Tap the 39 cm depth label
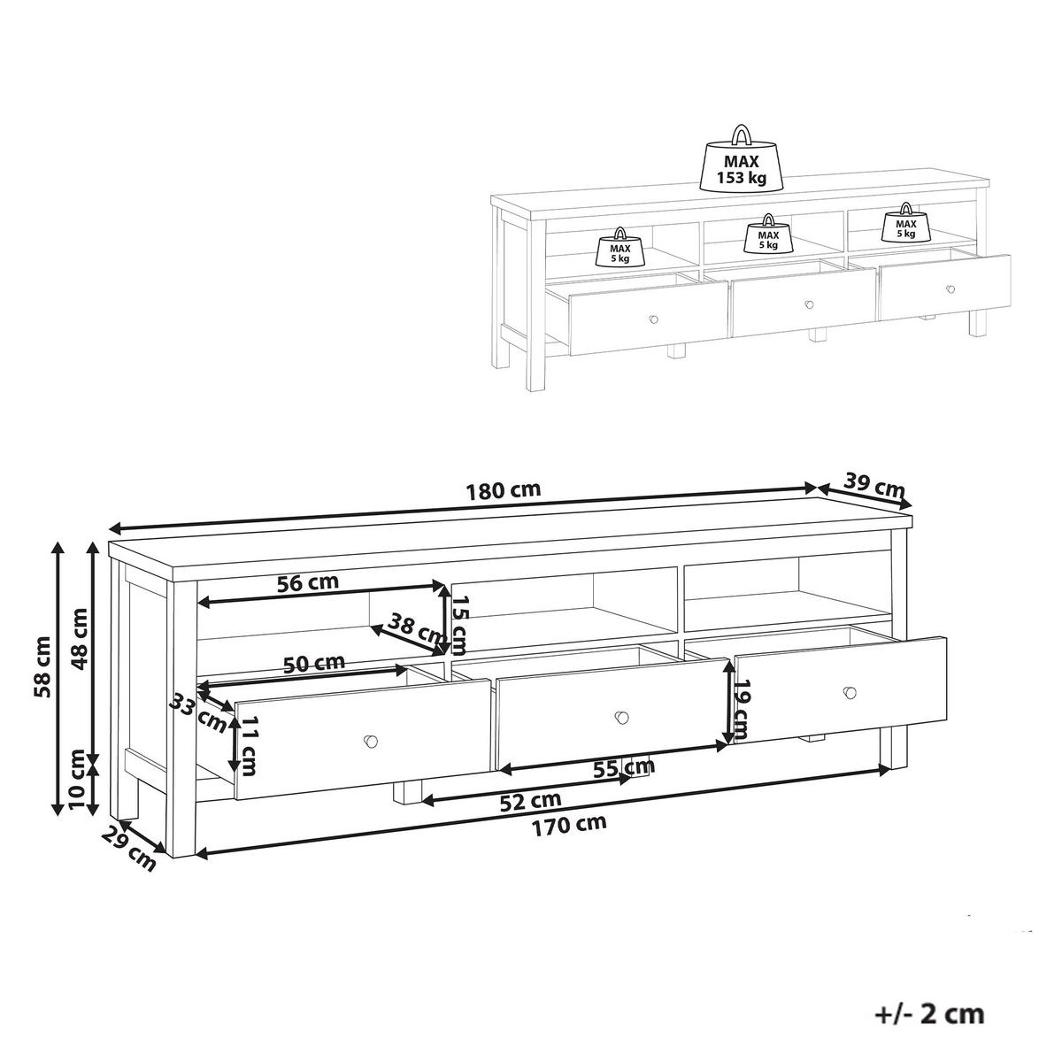(x=874, y=485)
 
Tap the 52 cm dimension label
(x=530, y=801)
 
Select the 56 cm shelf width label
(x=308, y=583)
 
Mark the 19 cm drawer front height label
(x=742, y=709)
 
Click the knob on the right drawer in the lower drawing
(x=850, y=692)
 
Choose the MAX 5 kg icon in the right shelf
(x=904, y=226)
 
